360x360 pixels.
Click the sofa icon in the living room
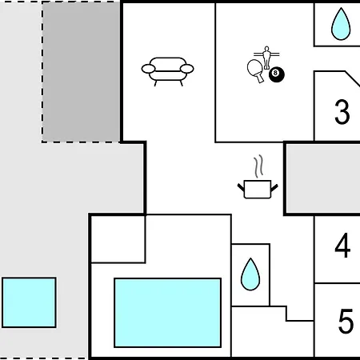coord(167,71)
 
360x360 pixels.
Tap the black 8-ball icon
coord(277,74)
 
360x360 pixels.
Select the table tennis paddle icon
coord(256,70)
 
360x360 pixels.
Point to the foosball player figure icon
coord(266,58)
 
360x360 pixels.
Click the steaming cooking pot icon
coord(258,177)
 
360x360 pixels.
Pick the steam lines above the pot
coord(258,166)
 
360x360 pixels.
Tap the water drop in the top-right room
coord(341,24)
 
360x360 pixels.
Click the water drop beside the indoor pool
coord(250,274)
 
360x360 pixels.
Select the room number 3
coord(342,112)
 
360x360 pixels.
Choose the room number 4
coord(342,246)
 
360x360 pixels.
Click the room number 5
coord(346,321)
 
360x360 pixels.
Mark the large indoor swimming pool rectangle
coord(168,313)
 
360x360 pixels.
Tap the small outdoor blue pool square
coord(29,302)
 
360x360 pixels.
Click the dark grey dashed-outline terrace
coord(81,72)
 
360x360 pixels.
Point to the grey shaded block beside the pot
coord(323,178)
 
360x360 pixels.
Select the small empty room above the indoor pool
coord(118,239)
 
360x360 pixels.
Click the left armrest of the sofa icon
coord(148,69)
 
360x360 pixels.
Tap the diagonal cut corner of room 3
coord(353,78)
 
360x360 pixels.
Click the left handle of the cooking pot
coord(241,187)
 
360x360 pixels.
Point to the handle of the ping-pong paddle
coord(260,78)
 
